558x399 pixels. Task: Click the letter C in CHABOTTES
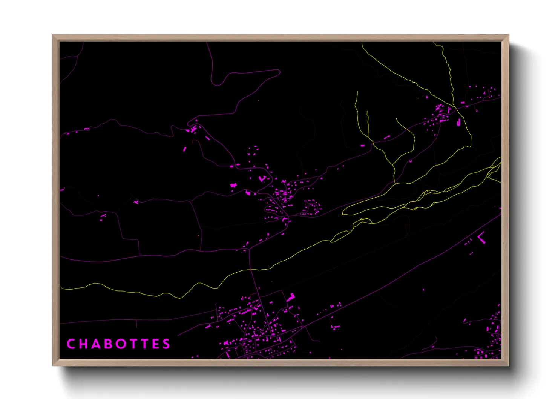tap(71, 344)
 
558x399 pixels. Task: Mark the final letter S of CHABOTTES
tap(166, 344)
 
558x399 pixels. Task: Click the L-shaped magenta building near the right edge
tap(481, 238)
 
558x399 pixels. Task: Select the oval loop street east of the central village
tap(312, 208)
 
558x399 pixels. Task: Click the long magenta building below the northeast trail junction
tap(459, 122)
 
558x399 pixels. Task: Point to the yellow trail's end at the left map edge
tap(61, 289)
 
